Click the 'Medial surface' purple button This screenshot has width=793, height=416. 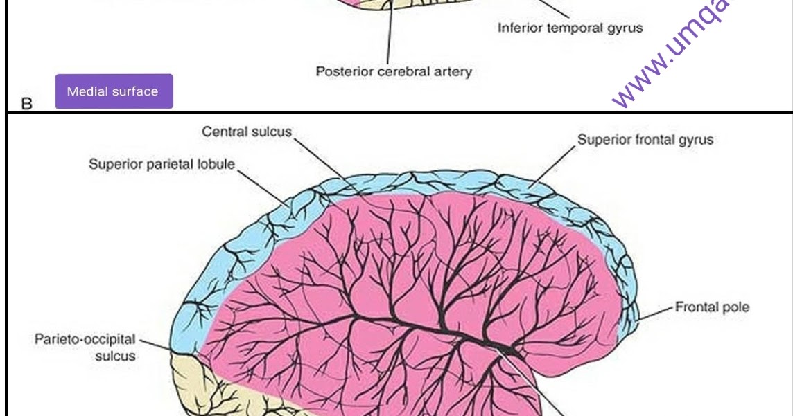(x=113, y=91)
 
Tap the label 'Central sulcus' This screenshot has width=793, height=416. (x=247, y=132)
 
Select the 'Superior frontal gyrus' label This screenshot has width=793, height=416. (x=645, y=140)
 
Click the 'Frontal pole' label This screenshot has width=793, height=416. (x=712, y=307)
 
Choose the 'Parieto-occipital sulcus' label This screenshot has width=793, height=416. (x=85, y=348)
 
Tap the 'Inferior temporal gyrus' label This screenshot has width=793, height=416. (x=570, y=28)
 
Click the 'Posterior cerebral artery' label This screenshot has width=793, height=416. (x=394, y=71)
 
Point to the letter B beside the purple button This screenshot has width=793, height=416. (x=27, y=105)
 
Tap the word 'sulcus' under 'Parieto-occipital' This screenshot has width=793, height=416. (x=115, y=356)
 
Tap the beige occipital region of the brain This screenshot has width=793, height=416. (x=201, y=388)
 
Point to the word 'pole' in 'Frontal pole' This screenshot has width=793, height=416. (x=734, y=307)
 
